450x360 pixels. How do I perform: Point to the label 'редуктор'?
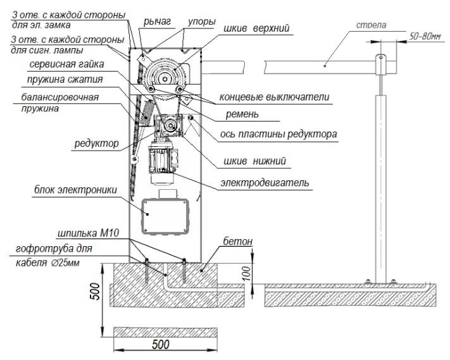(x=95, y=144)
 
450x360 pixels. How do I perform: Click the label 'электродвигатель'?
(x=265, y=183)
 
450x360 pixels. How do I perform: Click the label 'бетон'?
(x=238, y=242)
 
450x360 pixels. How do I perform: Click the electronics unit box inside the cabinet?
(x=166, y=216)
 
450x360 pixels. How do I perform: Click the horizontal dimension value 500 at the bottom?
(x=161, y=345)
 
